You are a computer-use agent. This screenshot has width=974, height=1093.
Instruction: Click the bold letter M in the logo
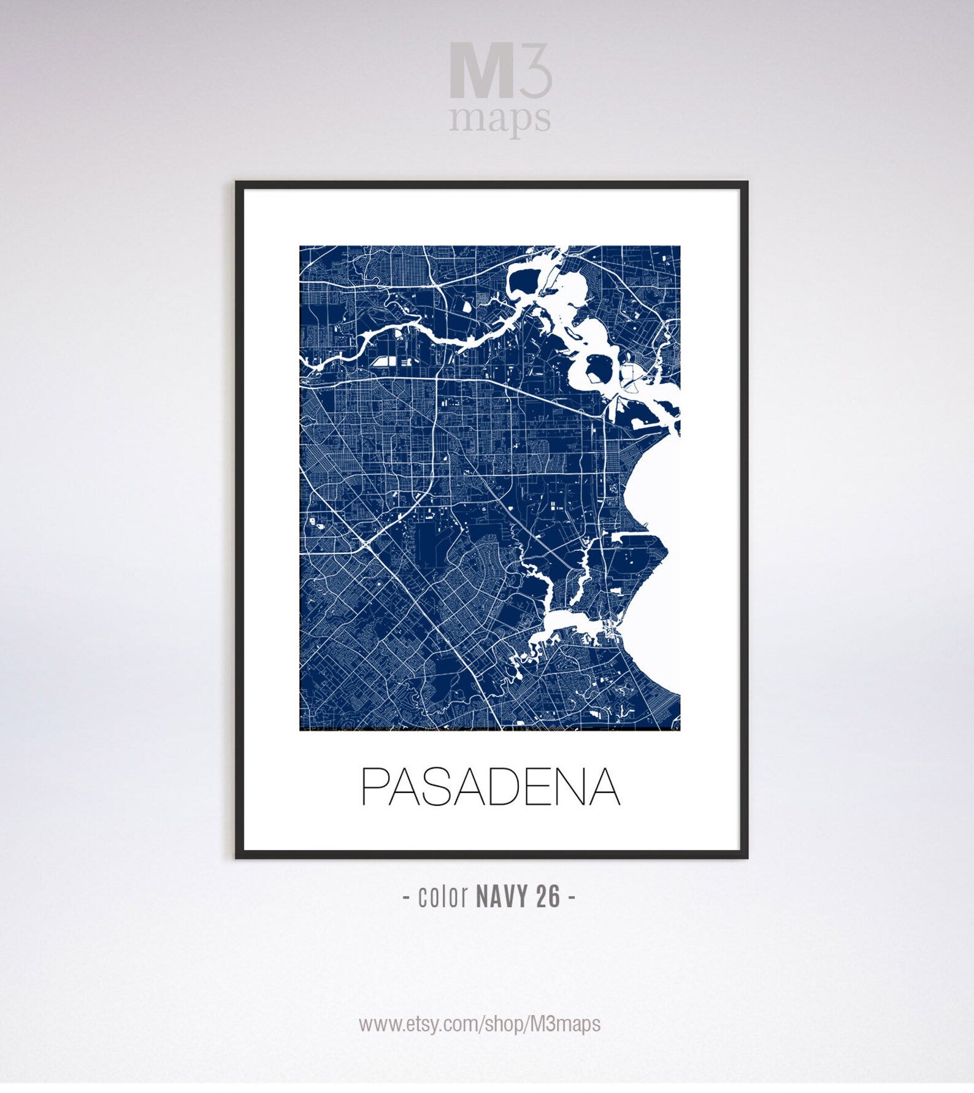click(481, 71)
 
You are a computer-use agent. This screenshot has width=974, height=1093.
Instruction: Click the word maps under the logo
click(499, 118)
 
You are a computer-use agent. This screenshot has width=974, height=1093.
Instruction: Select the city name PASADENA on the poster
click(491, 786)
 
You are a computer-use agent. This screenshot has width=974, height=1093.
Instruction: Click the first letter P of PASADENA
click(375, 786)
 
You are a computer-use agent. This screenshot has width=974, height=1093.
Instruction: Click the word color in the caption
click(443, 897)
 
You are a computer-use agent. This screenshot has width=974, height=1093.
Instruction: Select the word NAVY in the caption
click(502, 897)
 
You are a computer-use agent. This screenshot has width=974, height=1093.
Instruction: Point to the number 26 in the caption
click(548, 897)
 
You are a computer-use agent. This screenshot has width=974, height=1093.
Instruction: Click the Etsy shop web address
click(480, 1024)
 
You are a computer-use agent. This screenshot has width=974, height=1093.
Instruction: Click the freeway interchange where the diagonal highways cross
click(368, 542)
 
